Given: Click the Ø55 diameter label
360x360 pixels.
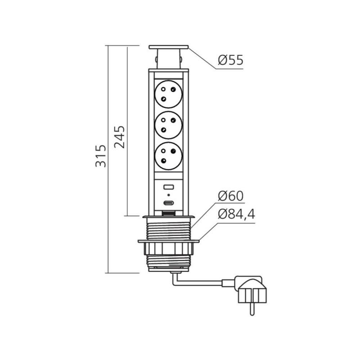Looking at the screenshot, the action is (230, 60).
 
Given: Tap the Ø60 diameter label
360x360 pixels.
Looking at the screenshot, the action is (230, 196).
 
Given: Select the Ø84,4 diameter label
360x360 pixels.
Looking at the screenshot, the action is (236, 214).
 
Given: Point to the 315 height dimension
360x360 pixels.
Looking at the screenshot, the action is (101, 156).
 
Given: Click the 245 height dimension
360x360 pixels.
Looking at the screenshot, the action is (120, 137).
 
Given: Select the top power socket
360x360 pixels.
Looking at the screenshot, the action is (168, 94).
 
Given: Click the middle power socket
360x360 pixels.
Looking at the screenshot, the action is (168, 125).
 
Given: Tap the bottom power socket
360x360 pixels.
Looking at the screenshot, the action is (168, 156).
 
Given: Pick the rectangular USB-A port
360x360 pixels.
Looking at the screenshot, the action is (169, 187).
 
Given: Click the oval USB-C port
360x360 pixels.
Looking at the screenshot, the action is (169, 203).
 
